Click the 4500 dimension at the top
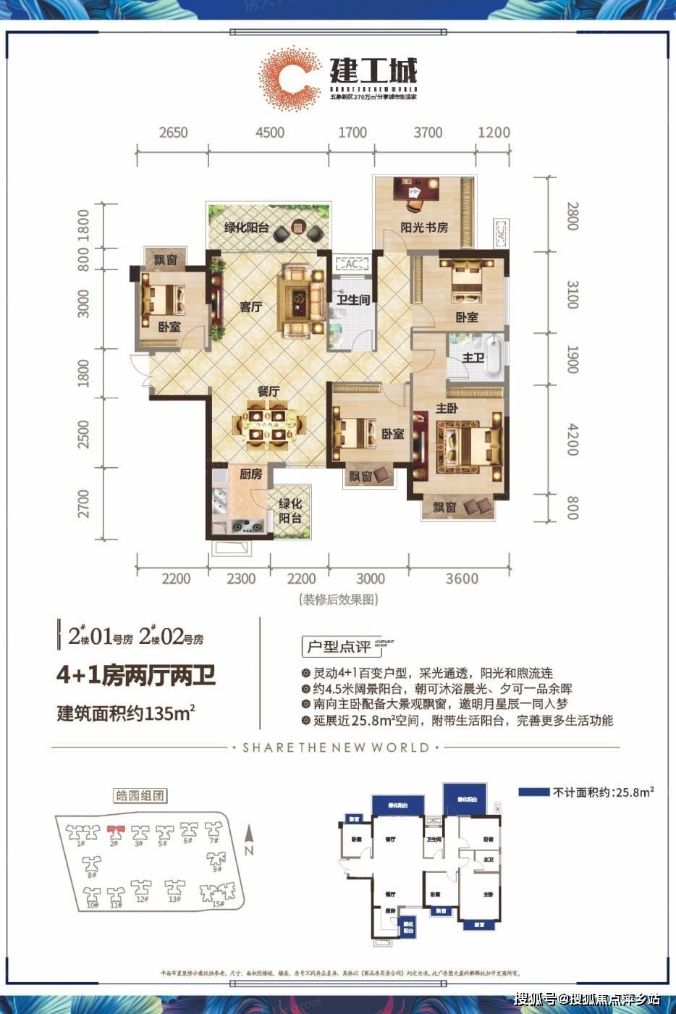pos(269,133)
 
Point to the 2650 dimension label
pos(173,133)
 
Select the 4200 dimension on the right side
pos(572,440)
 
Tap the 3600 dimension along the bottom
pos(462,578)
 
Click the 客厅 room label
pos(250,307)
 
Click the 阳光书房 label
pos(424,227)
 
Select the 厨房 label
pos(250,474)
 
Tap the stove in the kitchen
pos(247,527)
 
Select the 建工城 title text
pos(373,71)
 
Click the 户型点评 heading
pos(338,645)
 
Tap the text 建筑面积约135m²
pos(126,713)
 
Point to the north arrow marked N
pos(248,840)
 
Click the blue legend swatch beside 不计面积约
pos(533,792)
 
